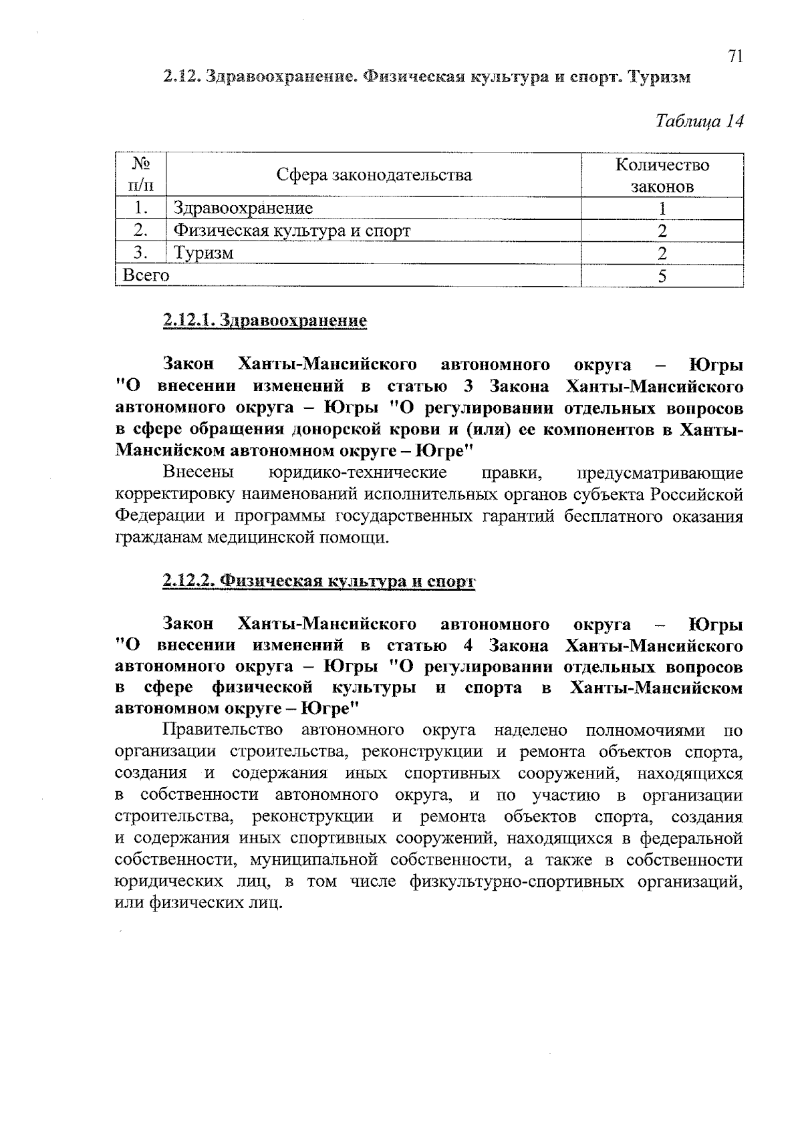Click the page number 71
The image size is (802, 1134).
click(735, 57)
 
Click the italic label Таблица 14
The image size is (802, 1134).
click(699, 121)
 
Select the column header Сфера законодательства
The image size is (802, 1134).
click(374, 175)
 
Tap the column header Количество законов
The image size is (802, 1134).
click(662, 175)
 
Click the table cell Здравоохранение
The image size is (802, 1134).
click(243, 208)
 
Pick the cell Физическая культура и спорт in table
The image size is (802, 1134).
click(292, 231)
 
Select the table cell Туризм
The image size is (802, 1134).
click(204, 253)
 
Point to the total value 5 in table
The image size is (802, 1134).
click(662, 276)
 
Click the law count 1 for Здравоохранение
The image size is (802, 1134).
click(662, 208)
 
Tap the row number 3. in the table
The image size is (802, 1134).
click(140, 253)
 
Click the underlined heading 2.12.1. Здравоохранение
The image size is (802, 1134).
click(265, 321)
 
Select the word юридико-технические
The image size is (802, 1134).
click(358, 473)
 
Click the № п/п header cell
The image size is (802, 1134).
click(140, 175)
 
